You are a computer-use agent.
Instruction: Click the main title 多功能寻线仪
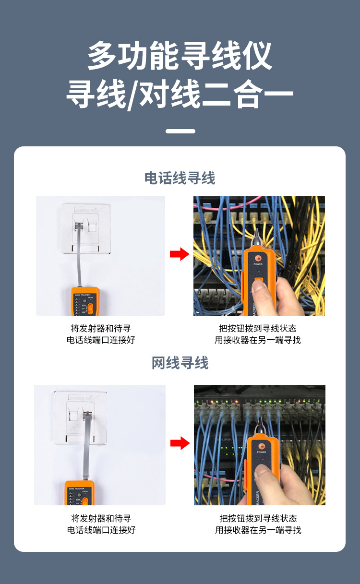(x=180, y=56)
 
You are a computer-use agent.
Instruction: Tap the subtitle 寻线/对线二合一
(x=180, y=95)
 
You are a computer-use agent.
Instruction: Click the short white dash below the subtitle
(x=180, y=131)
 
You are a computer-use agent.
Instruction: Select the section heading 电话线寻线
(x=180, y=178)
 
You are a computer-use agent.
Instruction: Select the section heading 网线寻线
(x=180, y=363)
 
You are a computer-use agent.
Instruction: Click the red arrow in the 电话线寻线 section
(x=180, y=254)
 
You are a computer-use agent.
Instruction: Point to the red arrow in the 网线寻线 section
(x=180, y=443)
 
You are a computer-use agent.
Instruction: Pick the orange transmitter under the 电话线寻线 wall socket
(x=84, y=301)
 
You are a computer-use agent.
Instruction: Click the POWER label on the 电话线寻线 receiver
(x=258, y=264)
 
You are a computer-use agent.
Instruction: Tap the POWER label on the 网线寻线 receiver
(x=261, y=452)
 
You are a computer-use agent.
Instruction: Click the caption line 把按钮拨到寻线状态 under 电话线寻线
(x=257, y=329)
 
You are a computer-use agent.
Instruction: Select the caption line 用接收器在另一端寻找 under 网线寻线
(x=258, y=530)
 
